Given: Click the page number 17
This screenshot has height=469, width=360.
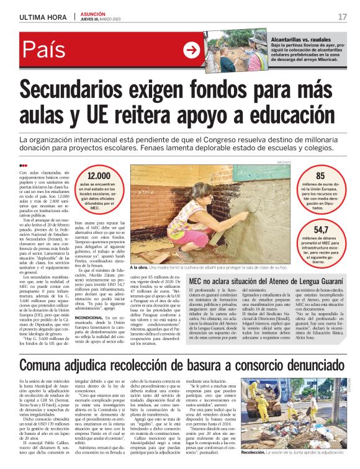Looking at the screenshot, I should point(342,16).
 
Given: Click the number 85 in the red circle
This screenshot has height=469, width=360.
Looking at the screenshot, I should point(320,176).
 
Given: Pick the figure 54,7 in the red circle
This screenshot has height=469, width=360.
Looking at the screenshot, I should point(321,229).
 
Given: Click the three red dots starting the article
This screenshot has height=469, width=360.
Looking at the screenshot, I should point(23,166).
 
